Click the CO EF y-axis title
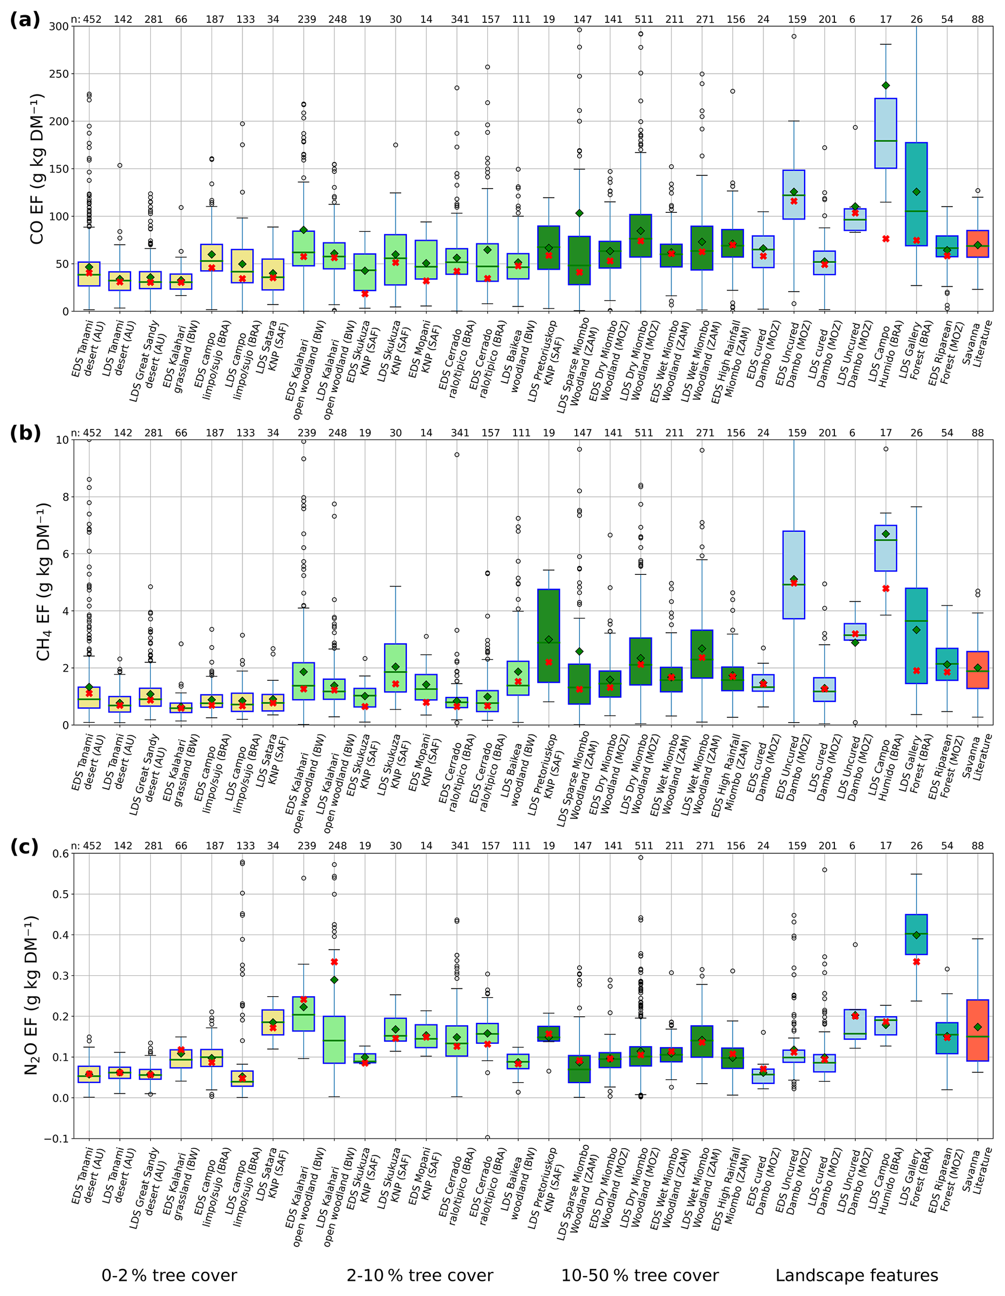pyautogui.click(x=37, y=169)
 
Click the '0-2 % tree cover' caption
pyautogui.click(x=169, y=1275)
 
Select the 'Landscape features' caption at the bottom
pyautogui.click(x=857, y=1275)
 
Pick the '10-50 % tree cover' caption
pyautogui.click(x=640, y=1275)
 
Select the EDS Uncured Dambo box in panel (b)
pyautogui.click(x=793, y=574)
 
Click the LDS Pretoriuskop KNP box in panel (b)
pyautogui.click(x=549, y=635)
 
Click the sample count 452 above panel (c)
pyautogui.click(x=92, y=846)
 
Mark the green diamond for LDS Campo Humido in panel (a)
pyautogui.click(x=886, y=86)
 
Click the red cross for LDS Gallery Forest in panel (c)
pyautogui.click(x=917, y=962)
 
